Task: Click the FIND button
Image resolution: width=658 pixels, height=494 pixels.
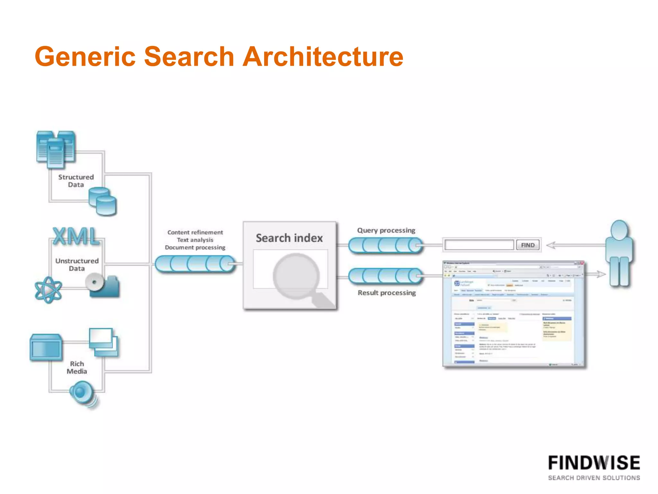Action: click(528, 245)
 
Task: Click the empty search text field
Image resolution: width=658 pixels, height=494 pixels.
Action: click(479, 245)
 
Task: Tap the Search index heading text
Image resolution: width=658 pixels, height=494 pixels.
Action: click(289, 238)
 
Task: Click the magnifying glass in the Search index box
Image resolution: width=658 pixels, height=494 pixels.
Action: click(297, 276)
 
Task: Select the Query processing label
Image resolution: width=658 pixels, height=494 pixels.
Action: click(386, 230)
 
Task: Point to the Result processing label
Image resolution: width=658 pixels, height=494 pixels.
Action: click(387, 293)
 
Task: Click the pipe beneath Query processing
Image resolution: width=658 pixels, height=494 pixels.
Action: click(385, 245)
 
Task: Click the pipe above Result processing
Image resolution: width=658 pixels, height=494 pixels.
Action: click(385, 276)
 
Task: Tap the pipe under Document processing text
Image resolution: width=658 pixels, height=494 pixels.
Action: click(195, 264)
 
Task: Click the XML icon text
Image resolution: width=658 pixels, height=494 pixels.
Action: click(76, 236)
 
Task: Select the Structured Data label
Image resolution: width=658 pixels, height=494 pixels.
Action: click(76, 181)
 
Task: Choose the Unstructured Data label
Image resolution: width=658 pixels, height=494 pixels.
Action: click(77, 264)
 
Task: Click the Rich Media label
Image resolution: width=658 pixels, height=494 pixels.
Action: click(77, 367)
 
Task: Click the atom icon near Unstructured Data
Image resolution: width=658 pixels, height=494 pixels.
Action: click(48, 290)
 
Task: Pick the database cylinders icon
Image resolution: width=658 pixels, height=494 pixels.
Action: click(102, 201)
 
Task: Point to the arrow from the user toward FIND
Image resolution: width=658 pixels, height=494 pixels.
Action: click(575, 245)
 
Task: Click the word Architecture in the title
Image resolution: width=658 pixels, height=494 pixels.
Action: click(323, 57)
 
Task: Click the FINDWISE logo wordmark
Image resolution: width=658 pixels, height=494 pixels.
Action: click(594, 463)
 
